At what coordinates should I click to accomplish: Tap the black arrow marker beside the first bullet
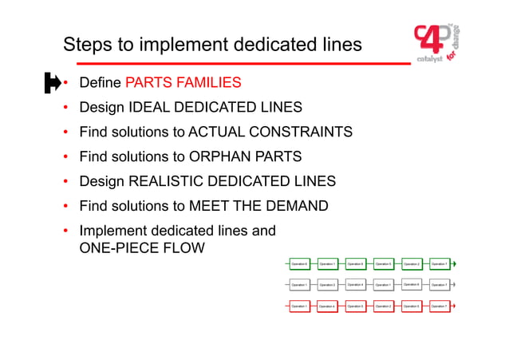pos(51,82)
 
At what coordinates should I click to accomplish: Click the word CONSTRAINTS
pos(300,132)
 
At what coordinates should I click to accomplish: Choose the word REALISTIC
pos(170,181)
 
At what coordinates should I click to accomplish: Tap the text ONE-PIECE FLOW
pos(142,248)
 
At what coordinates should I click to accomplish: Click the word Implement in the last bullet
pos(114,231)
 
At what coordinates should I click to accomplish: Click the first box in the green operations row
pos(299,263)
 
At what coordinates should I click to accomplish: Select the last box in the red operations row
pos(440,306)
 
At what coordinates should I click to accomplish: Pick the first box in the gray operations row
pos(299,284)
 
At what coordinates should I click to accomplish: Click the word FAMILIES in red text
pos(210,83)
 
